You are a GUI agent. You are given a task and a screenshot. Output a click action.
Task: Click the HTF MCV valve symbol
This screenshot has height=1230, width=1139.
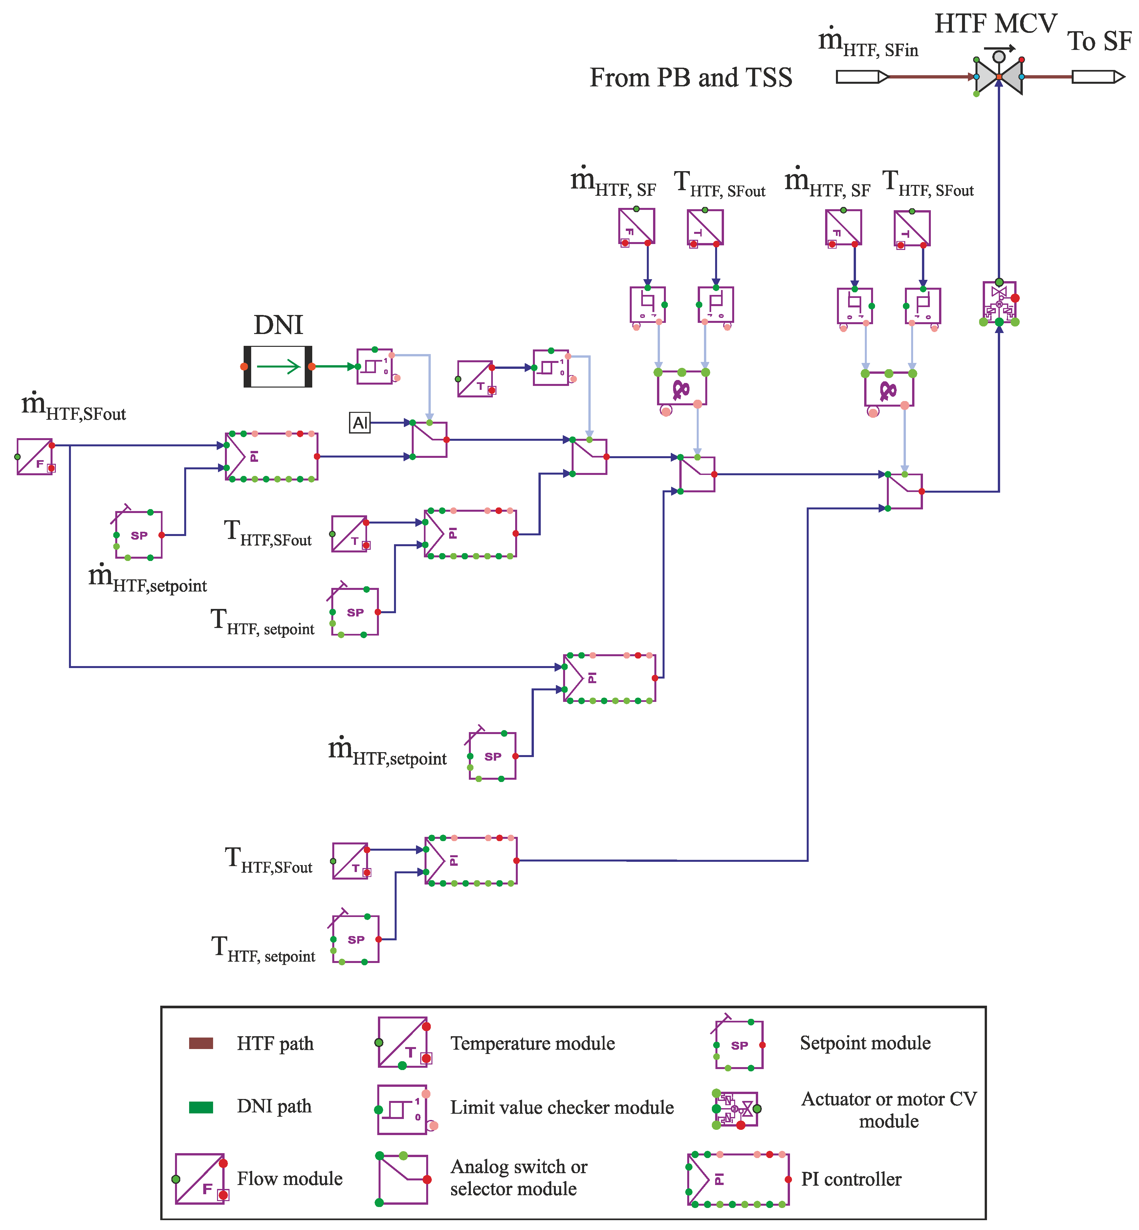point(998,76)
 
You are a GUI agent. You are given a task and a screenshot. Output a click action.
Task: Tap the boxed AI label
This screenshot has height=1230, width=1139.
point(360,423)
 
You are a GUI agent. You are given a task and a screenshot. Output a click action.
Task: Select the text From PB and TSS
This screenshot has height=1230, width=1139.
point(690,78)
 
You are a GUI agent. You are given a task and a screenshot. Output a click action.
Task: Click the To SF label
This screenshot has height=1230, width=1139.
point(1099,41)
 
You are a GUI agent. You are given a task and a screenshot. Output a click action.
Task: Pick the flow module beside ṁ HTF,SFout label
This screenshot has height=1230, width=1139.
point(34,456)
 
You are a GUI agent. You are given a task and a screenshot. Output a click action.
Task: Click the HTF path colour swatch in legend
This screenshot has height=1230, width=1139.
point(201,1043)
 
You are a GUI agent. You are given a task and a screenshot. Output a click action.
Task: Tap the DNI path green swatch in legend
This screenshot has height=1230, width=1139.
point(201,1107)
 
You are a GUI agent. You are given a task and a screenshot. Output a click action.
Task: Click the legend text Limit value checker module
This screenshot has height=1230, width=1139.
point(561,1107)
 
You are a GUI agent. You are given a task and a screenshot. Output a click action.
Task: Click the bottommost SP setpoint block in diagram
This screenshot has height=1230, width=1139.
point(356,939)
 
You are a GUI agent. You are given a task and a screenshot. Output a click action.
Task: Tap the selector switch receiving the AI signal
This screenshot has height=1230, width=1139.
point(429,439)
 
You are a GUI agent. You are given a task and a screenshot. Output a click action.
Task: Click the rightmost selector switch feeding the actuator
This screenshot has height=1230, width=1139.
point(904,491)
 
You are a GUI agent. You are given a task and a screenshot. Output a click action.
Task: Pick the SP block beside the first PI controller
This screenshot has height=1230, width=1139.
point(139,535)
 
